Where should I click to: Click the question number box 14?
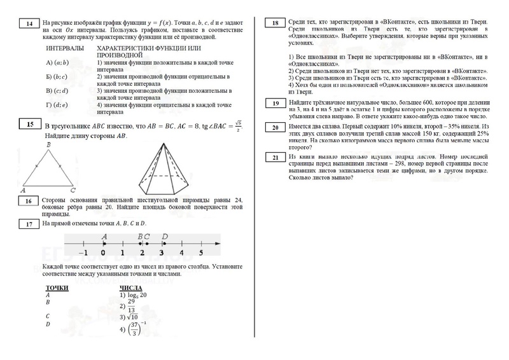click(29, 25)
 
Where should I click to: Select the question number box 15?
click(29, 124)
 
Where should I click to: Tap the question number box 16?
click(29, 202)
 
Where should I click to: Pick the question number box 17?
click(29, 225)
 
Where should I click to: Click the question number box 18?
click(275, 24)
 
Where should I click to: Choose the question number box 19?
click(275, 103)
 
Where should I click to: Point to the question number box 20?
click(275, 128)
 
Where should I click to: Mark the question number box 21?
click(275, 157)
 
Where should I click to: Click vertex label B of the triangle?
click(49, 145)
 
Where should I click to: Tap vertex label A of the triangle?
click(24, 190)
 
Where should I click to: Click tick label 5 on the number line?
click(201, 252)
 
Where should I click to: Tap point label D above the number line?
click(164, 237)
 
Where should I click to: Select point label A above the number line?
click(104, 237)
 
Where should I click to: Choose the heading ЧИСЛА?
click(131, 287)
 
